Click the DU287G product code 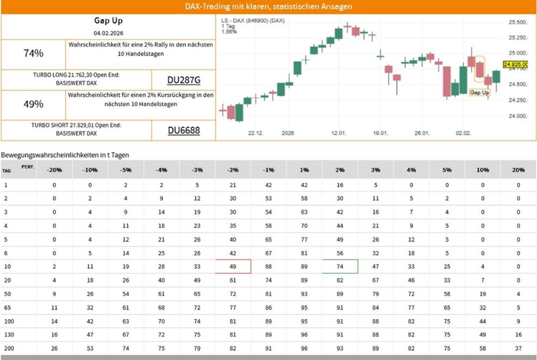tap(183, 80)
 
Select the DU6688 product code tap(183, 131)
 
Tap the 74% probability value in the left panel tap(33, 53)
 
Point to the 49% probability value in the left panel tap(33, 104)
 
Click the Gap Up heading tap(108, 21)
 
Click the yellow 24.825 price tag tap(516, 65)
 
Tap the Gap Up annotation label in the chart tap(479, 93)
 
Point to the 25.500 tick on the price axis tap(517, 22)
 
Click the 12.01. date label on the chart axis tap(339, 133)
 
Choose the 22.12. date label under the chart tap(256, 133)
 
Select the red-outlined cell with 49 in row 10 tap(233, 266)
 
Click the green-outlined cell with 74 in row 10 tap(340, 266)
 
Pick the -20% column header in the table tap(54, 170)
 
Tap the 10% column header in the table tap(483, 170)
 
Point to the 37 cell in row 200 tap(518, 348)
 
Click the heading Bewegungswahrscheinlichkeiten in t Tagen tap(65, 155)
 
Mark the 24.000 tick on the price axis tap(517, 116)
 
